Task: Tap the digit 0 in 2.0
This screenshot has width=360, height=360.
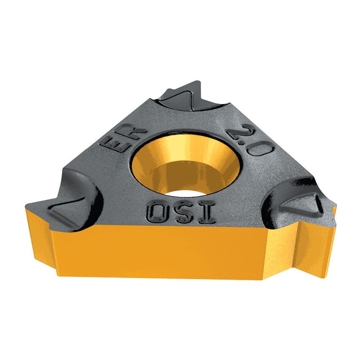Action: (262, 148)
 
